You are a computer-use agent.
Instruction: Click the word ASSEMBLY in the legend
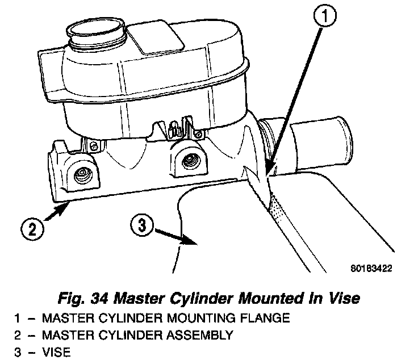pyautogui.click(x=198, y=335)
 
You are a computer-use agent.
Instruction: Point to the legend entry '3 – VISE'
pyautogui.click(x=42, y=352)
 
